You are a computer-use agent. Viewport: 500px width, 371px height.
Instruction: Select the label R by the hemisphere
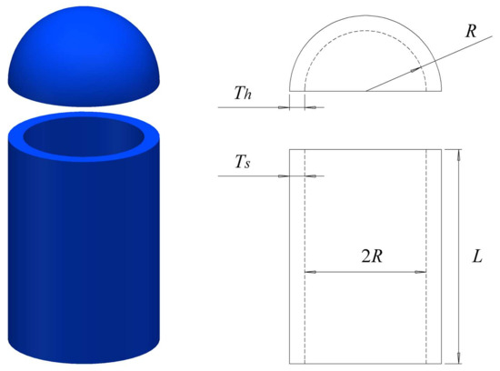click(x=470, y=32)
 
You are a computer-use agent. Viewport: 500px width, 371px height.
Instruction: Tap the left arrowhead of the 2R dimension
click(x=309, y=271)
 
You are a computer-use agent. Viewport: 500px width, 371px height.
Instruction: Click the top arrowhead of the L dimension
click(x=459, y=155)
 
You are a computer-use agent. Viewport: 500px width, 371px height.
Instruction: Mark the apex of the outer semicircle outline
click(x=365, y=15)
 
